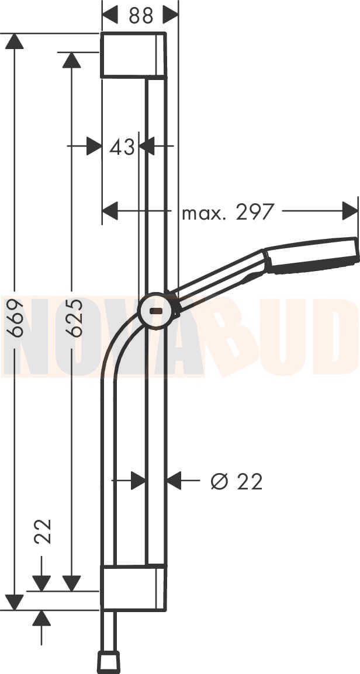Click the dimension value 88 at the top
[141, 15]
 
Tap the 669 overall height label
[15, 318]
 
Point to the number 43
[122, 147]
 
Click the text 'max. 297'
[227, 212]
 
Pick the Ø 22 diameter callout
[237, 482]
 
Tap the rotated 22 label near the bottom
[42, 531]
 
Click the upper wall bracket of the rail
[133, 55]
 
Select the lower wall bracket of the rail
[133, 588]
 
